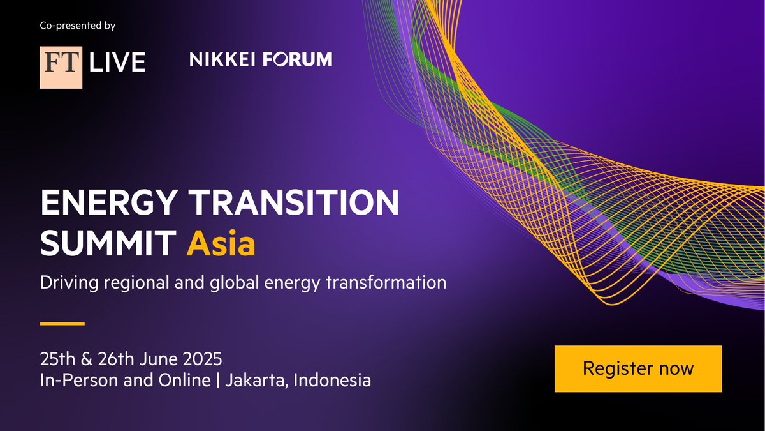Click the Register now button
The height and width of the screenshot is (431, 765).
tap(637, 368)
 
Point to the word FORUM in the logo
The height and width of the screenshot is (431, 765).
tap(297, 60)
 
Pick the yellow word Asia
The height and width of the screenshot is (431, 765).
tap(221, 244)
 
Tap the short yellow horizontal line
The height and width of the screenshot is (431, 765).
tap(62, 323)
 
